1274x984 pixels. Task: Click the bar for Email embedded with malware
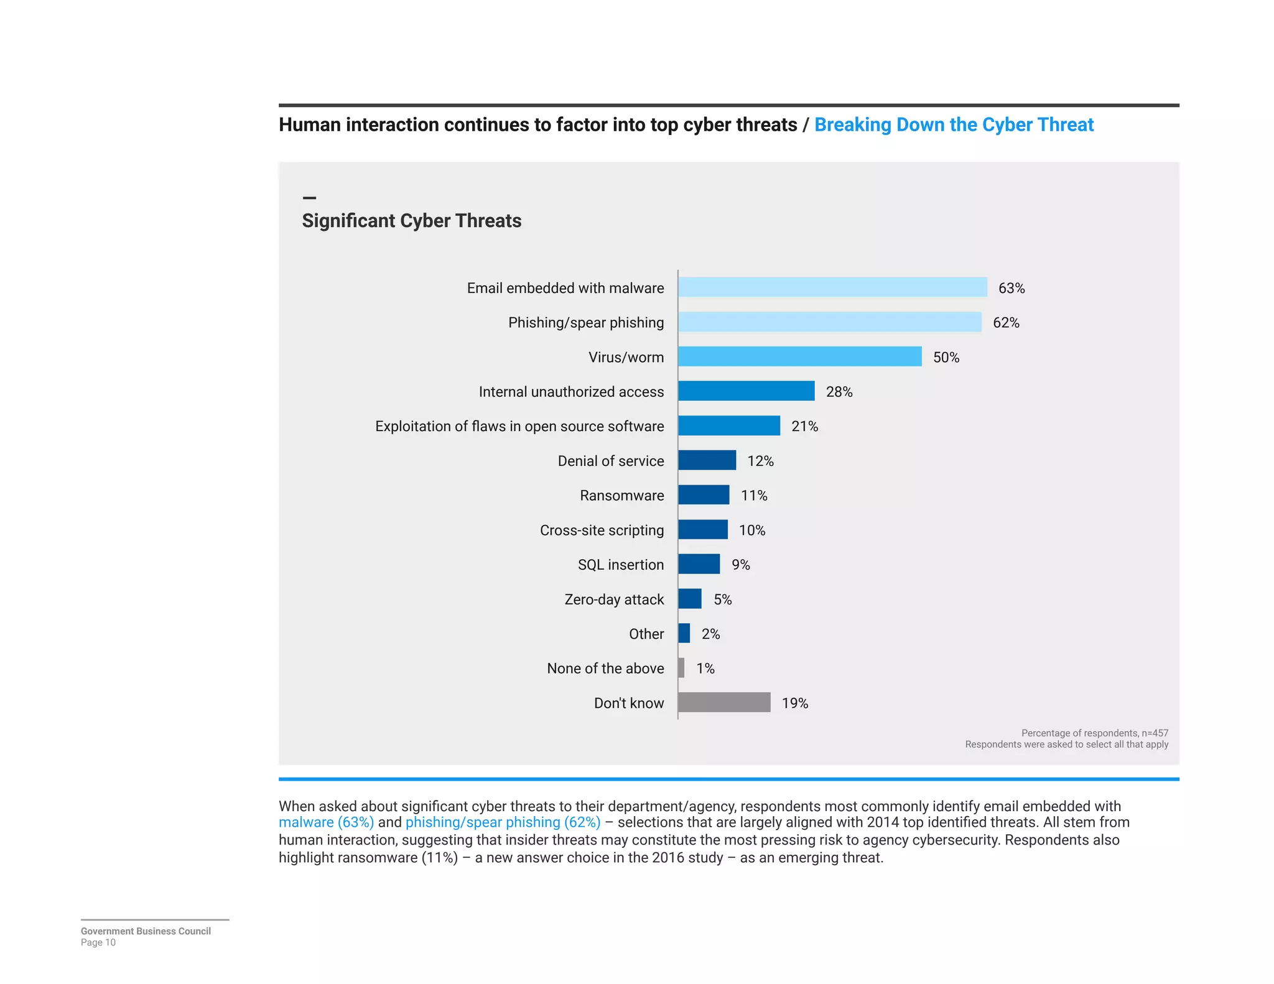point(832,287)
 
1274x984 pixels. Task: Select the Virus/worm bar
point(799,356)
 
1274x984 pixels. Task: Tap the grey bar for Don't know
point(724,702)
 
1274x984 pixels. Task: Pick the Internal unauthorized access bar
point(746,391)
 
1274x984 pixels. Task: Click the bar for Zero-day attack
point(690,599)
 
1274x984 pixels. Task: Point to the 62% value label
point(1006,323)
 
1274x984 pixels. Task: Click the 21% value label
point(804,427)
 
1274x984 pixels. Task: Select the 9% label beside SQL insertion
point(740,565)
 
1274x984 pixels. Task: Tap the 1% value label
point(705,669)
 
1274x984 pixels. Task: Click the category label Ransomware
point(621,496)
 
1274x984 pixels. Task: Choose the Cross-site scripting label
point(602,531)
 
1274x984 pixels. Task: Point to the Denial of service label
point(610,462)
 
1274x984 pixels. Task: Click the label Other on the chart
point(646,634)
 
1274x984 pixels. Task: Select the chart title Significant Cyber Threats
point(411,221)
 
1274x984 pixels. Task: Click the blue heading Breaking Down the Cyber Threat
point(954,125)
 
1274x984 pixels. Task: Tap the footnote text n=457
point(1155,733)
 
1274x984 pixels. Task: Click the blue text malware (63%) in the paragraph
point(326,822)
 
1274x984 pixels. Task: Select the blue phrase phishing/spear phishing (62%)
point(503,822)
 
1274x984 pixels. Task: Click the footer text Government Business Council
point(146,931)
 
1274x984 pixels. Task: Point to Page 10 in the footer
point(98,942)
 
